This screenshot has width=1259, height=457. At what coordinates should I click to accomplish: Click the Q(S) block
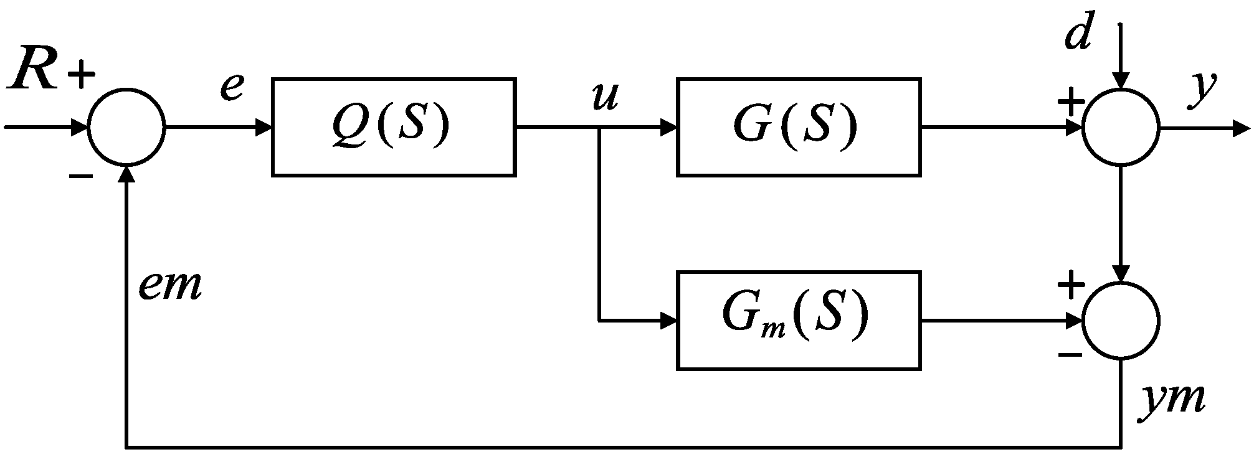393,127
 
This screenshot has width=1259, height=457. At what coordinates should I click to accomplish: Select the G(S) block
799,127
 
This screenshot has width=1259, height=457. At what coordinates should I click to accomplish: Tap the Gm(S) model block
799,320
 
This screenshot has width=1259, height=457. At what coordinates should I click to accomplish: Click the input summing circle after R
126,128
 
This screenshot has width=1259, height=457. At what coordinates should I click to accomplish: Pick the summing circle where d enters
1121,128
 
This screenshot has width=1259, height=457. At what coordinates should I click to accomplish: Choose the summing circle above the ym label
1121,321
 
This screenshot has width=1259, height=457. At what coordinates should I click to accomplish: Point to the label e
231,87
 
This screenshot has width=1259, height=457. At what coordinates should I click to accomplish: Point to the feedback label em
170,286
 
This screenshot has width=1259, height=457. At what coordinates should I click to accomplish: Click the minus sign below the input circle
81,177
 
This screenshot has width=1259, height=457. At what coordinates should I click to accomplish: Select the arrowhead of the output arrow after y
1241,129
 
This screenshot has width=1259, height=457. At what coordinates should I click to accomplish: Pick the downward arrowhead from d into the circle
1121,81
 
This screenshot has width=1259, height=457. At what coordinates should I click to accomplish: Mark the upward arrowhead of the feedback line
126,175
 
